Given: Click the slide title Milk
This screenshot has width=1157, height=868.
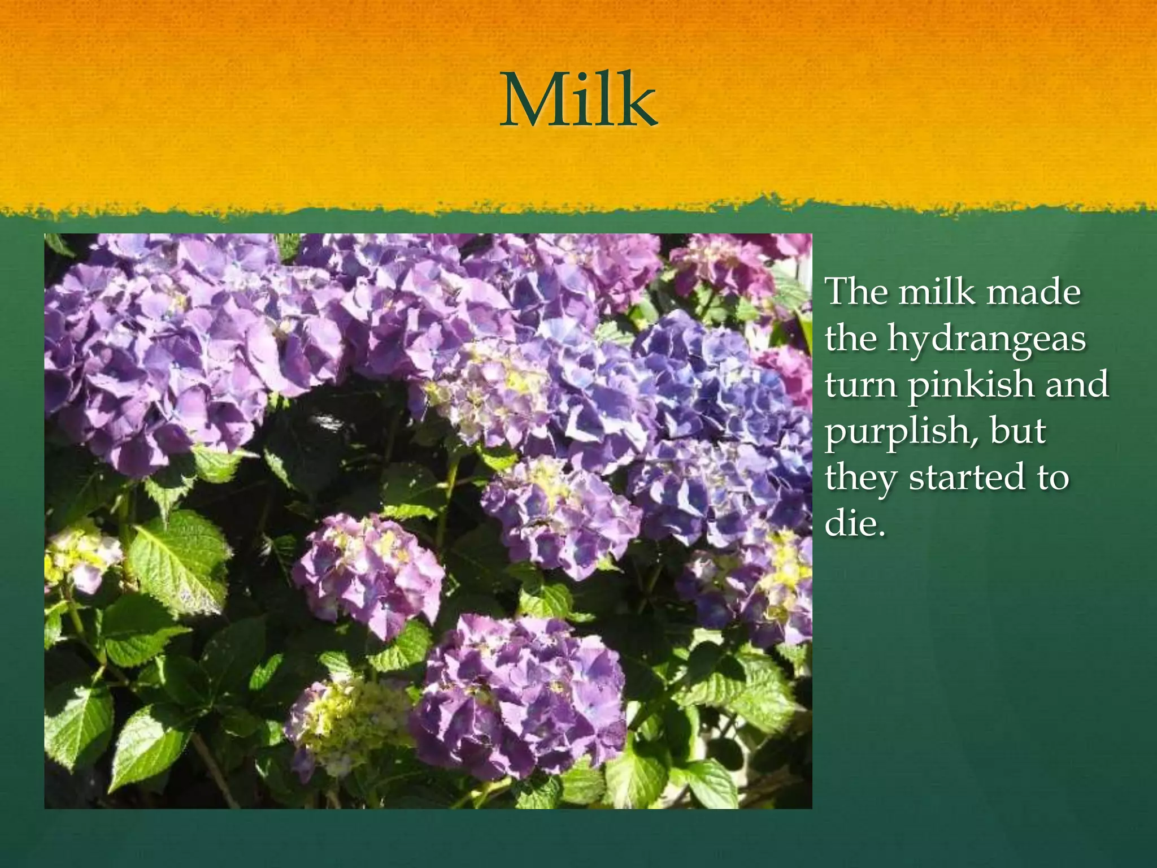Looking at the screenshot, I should pyautogui.click(x=578, y=101).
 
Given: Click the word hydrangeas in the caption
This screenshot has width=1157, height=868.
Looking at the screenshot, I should pyautogui.click(x=986, y=339).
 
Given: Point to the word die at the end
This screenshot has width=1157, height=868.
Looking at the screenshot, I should pyautogui.click(x=850, y=523).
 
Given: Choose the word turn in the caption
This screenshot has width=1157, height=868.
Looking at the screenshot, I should pyautogui.click(x=862, y=385).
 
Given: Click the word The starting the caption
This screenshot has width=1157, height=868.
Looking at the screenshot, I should pyautogui.click(x=858, y=293).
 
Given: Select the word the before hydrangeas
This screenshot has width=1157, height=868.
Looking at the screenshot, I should pyautogui.click(x=851, y=339).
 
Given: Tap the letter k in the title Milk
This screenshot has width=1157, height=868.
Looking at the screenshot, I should pyautogui.click(x=637, y=101).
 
